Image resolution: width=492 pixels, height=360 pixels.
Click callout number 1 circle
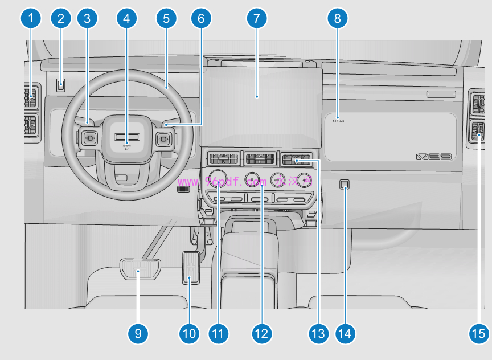click(x=31, y=19)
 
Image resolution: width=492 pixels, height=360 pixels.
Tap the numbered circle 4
click(x=126, y=19)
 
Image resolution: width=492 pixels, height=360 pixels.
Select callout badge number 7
click(x=257, y=19)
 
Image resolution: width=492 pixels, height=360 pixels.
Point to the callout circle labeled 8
click(x=338, y=19)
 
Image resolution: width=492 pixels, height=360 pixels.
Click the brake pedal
click(x=140, y=267)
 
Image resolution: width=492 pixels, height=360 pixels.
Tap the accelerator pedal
click(x=191, y=267)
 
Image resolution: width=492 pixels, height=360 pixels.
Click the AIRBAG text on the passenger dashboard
click(x=338, y=121)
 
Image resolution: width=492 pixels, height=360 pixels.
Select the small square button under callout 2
click(x=61, y=85)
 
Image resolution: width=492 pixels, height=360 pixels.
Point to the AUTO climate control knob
click(x=277, y=180)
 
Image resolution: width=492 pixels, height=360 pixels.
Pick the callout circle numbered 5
click(x=166, y=19)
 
